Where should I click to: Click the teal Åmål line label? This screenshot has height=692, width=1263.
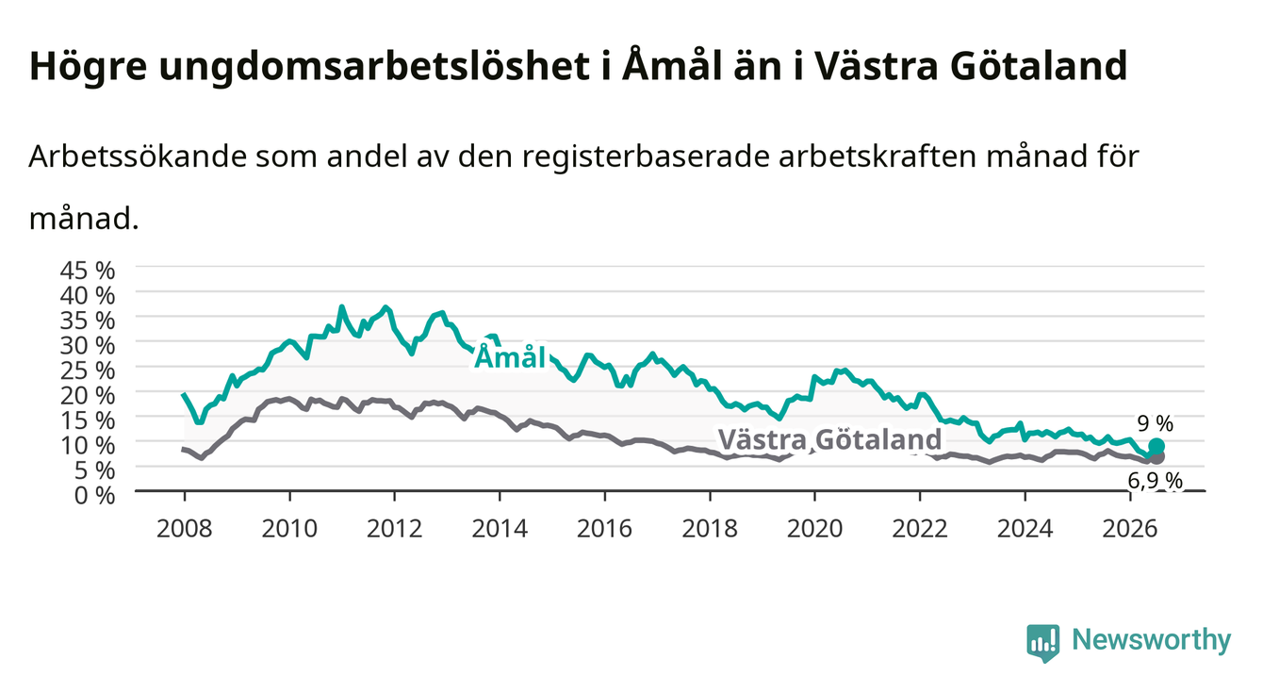coord(510,357)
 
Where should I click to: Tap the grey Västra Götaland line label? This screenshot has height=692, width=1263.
coord(829,438)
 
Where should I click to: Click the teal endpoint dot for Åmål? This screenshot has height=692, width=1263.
coord(1156,446)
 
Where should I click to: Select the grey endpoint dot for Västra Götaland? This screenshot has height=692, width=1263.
coord(1156,457)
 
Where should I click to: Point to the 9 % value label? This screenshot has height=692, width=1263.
coord(1156,423)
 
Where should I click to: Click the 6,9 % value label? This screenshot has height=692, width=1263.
coord(1155,481)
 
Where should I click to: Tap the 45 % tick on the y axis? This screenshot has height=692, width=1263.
coord(88,271)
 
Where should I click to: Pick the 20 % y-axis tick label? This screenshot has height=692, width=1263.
coord(88,395)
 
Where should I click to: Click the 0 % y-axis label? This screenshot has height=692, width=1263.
coord(94,496)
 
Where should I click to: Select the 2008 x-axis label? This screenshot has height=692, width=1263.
coord(185,529)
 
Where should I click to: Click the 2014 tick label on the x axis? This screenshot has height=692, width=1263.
coord(500,529)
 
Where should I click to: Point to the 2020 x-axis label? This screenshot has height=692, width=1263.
coord(814,529)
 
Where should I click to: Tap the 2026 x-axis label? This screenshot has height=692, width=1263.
coord(1130,529)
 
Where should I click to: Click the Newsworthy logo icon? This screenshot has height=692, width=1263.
coord(1043,643)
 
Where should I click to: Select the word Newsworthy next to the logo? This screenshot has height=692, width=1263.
coord(1152,640)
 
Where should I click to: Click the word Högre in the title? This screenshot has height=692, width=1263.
coord(88,67)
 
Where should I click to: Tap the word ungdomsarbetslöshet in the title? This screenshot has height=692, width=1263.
coord(373,67)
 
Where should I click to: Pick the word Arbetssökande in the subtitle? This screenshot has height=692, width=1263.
coord(138,157)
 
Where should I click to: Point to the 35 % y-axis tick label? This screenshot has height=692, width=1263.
coord(88,321)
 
